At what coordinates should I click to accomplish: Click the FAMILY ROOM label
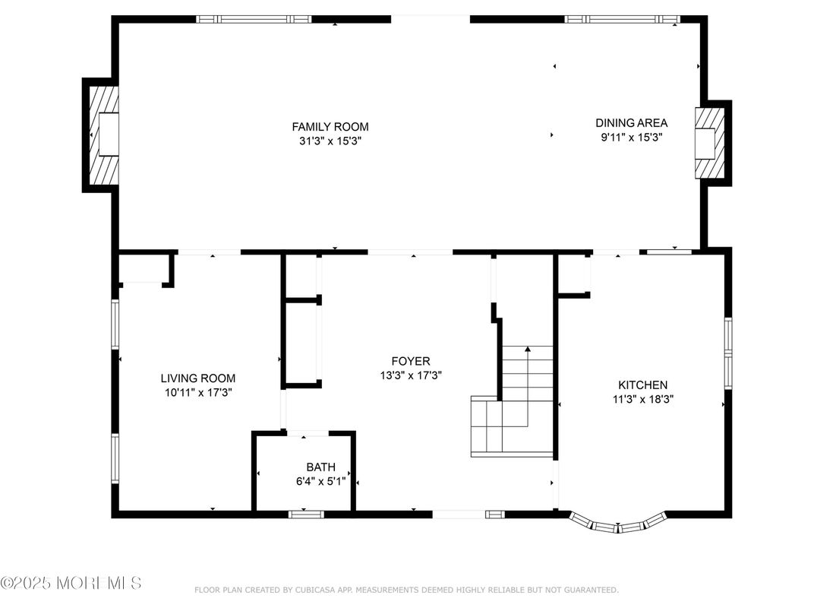point(330,127)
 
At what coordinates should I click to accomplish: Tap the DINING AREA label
point(631,123)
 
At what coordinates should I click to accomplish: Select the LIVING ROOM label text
point(197,378)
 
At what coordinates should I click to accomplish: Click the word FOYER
point(410,362)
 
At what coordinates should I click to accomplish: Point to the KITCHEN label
point(642,385)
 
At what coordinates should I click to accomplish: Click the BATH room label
point(320,467)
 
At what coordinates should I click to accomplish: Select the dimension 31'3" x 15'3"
point(330,141)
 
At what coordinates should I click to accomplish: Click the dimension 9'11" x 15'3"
point(631,138)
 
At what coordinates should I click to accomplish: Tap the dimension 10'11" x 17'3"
point(197,392)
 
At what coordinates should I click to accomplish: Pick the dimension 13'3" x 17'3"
point(410,375)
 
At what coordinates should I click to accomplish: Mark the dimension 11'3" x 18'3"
point(643,399)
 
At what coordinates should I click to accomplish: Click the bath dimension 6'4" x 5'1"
point(320,481)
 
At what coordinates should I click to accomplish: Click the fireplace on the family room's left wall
point(103,135)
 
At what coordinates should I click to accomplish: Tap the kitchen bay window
point(618,524)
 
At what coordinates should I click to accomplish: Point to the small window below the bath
point(306,514)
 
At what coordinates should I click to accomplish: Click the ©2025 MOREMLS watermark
point(71,583)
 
